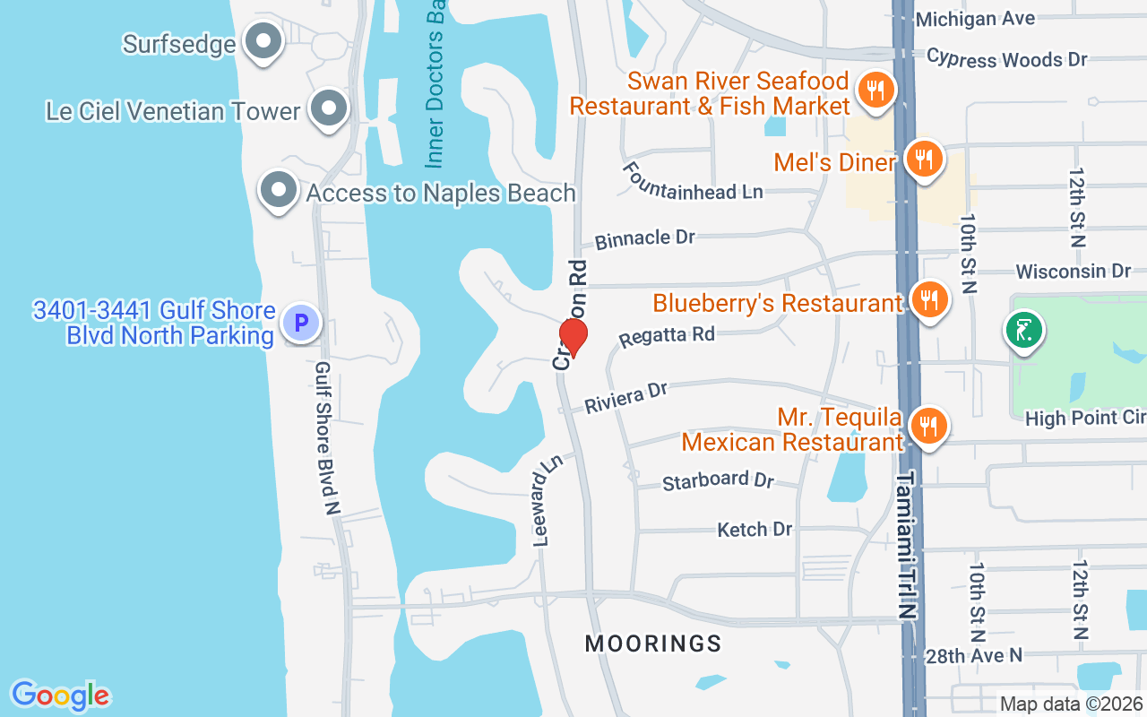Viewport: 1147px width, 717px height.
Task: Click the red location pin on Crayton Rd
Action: tap(573, 338)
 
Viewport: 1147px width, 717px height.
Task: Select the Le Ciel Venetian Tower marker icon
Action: tap(329, 109)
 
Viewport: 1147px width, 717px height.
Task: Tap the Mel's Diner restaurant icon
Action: tap(923, 160)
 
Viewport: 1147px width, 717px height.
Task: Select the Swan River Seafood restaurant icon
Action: tap(874, 91)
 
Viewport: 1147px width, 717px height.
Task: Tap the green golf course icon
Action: tap(1024, 332)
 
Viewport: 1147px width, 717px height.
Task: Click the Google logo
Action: tap(60, 695)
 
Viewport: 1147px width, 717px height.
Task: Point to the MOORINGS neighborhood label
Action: tap(653, 644)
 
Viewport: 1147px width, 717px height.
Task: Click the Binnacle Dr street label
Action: tap(645, 238)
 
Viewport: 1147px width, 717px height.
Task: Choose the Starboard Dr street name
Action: tap(718, 480)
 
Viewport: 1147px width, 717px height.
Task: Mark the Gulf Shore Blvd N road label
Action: tap(328, 437)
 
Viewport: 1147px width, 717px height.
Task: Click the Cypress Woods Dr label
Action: tap(1006, 58)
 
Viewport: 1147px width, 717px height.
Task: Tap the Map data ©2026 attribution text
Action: tap(1070, 704)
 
